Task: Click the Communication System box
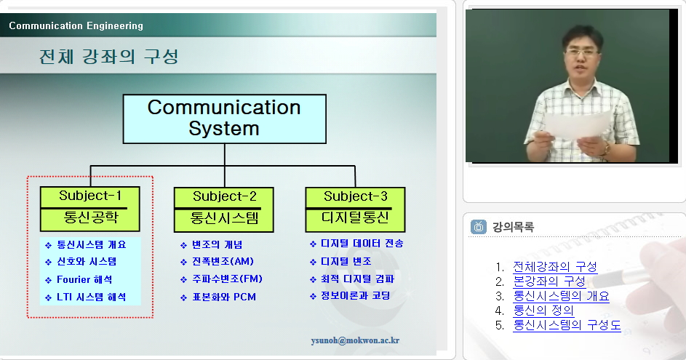pos(225,119)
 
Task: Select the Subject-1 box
pos(89,209)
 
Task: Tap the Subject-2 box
pos(223,209)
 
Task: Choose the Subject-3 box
pos(355,209)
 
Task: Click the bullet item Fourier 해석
pos(84,279)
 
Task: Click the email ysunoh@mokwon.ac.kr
pos(355,340)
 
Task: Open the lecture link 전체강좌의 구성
pos(555,266)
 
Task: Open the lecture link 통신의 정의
pos(543,310)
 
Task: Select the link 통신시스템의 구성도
pos(567,325)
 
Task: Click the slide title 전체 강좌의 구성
pos(109,57)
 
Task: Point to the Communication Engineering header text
pos(76,25)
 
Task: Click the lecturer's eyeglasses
pos(582,52)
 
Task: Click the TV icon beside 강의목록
pos(479,227)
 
